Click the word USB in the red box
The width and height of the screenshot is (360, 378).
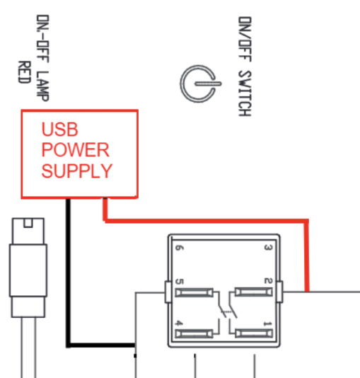coord(60,130)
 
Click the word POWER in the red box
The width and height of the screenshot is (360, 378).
coord(76,150)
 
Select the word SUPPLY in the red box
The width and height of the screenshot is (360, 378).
coord(77,171)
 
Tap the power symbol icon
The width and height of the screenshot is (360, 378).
coord(200,84)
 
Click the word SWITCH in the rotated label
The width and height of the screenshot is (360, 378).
coord(245,93)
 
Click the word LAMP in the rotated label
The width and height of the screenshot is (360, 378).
coord(43,86)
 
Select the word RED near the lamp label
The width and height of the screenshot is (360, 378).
coord(25,72)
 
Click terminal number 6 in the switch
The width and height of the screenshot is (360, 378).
coord(179,248)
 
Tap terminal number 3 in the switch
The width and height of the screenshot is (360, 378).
coord(268,248)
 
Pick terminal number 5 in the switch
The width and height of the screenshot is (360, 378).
coord(180,282)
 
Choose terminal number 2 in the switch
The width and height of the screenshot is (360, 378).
coord(268,281)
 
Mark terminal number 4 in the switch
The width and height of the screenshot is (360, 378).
coord(179,323)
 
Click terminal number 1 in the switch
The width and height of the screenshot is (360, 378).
coord(268,323)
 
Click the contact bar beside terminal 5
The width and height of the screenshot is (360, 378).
coord(194,292)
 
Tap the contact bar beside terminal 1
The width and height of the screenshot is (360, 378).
coord(254,333)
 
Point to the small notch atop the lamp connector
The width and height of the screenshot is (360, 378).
coord(28,223)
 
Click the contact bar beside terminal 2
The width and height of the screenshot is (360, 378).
coord(254,292)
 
